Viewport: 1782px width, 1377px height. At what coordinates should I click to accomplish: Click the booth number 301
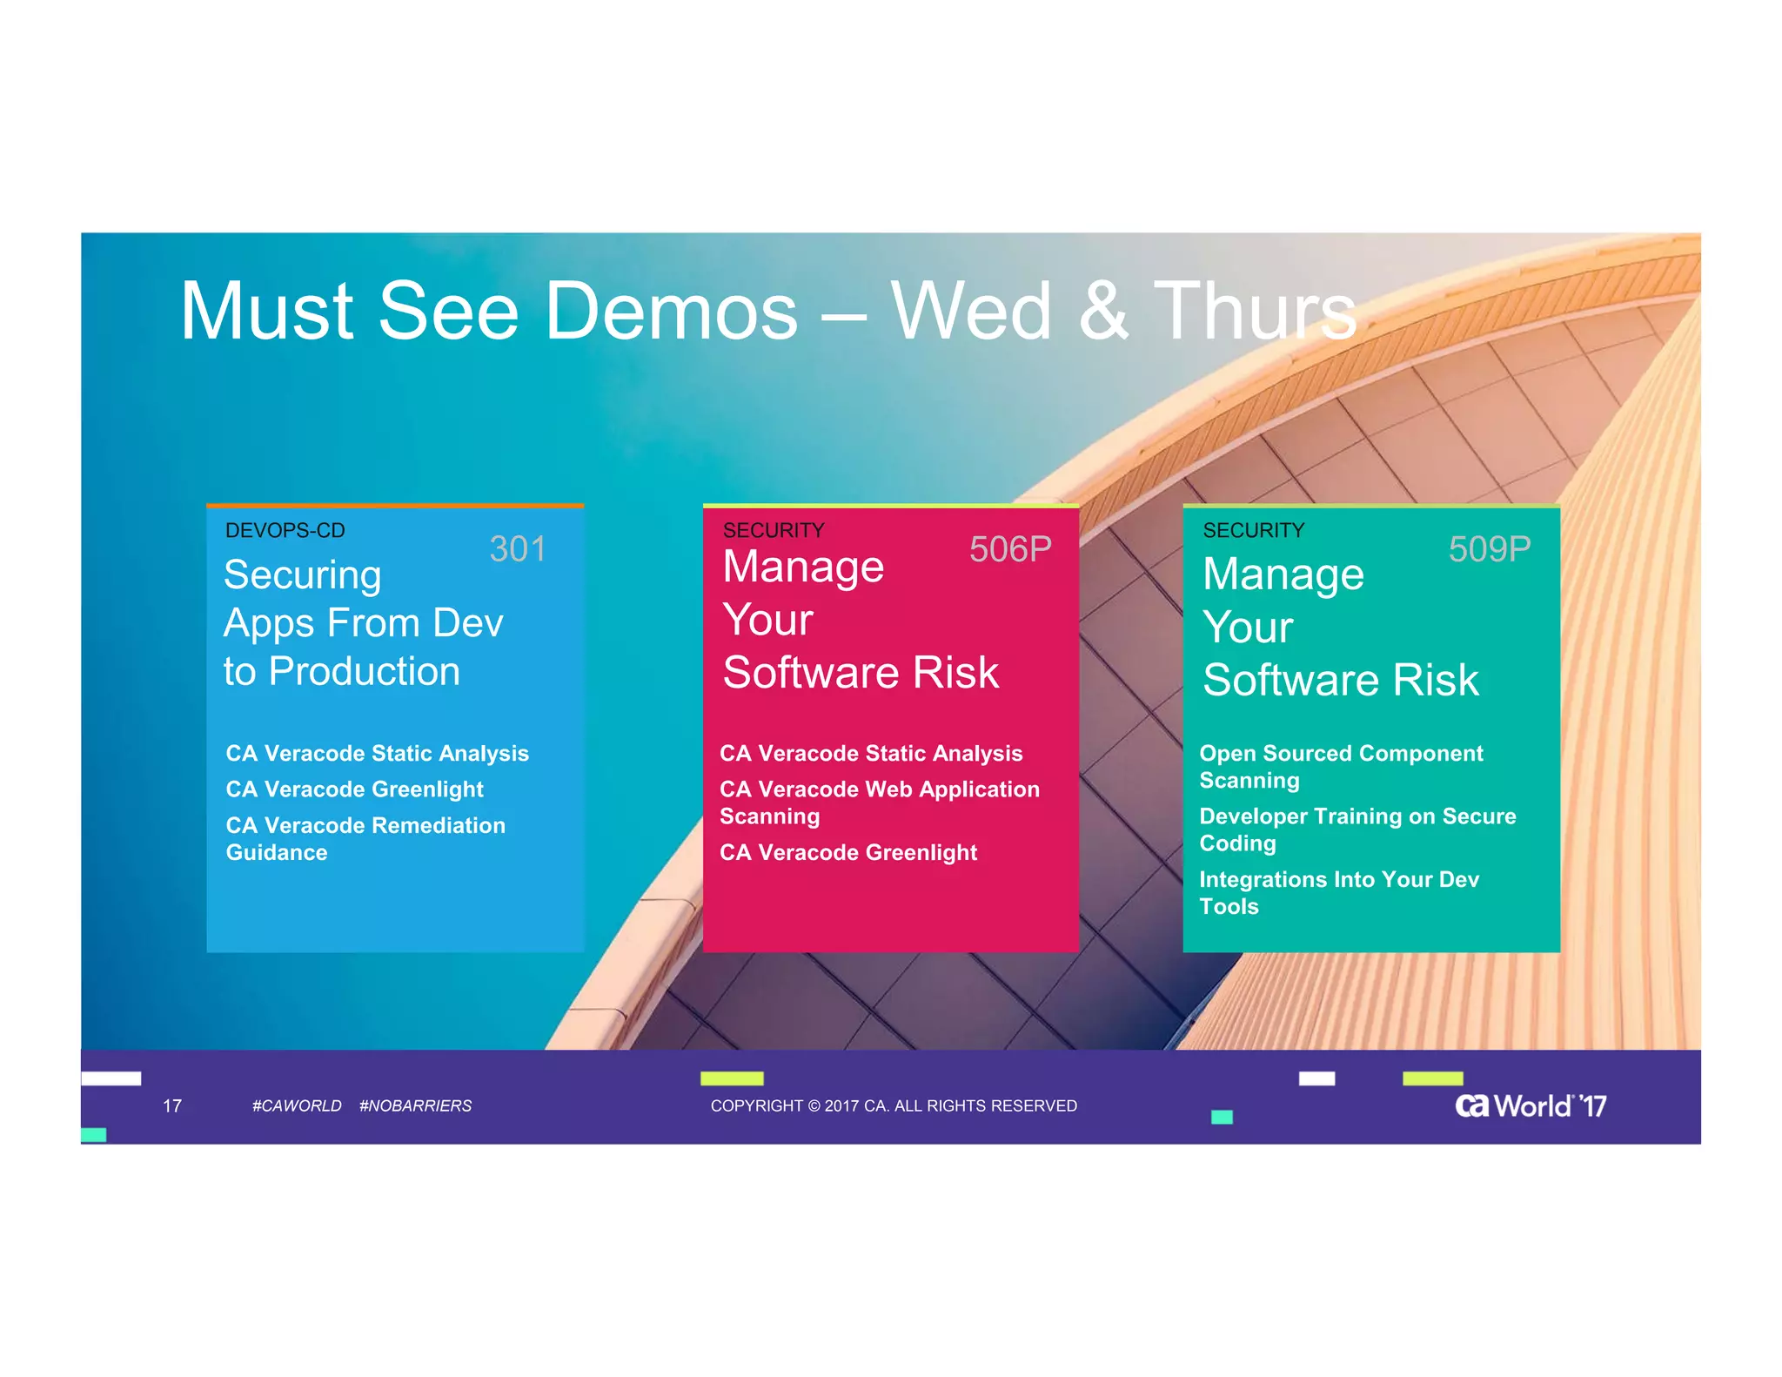coord(518,549)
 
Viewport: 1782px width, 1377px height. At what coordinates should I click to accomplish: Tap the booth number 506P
coord(1010,549)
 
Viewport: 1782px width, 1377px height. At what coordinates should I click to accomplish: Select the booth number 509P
coord(1489,549)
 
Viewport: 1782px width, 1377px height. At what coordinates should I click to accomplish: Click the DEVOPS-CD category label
coord(285,530)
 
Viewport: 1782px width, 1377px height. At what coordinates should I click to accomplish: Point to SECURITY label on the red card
coord(774,530)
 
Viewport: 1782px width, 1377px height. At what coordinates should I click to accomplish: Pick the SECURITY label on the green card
coord(1253,530)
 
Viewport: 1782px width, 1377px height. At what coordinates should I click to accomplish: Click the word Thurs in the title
coord(1255,312)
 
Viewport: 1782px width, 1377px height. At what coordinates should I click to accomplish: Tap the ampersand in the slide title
coord(1102,312)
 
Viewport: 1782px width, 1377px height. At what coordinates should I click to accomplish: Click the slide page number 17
coord(172,1105)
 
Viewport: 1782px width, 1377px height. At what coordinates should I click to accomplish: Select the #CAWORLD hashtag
coord(297,1105)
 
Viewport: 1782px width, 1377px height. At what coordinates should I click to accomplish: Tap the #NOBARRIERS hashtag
coord(415,1105)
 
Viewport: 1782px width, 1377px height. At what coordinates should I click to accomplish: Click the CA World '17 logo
coord(1530,1105)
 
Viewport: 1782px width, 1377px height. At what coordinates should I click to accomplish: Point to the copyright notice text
coord(894,1105)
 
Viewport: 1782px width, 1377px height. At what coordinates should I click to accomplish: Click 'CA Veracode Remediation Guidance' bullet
coord(365,838)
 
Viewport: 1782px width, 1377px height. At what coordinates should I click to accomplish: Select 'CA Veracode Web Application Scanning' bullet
coord(879,803)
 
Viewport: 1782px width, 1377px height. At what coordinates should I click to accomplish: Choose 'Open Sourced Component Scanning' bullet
coord(1341,767)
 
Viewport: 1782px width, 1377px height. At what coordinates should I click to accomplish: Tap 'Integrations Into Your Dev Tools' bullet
coord(1338,892)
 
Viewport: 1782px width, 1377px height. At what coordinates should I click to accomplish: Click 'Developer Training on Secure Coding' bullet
coord(1357,830)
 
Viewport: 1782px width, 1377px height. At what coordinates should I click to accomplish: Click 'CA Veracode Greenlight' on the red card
coord(848,852)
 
